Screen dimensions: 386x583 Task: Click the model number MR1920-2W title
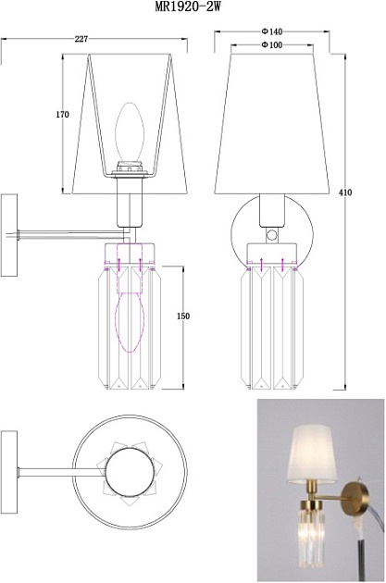187,6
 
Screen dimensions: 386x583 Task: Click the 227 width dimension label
81,39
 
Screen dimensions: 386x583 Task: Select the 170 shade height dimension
62,115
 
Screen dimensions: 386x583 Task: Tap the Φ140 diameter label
272,31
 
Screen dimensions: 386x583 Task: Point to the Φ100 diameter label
272,45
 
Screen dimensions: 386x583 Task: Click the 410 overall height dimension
345,192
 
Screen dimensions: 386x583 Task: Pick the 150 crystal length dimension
183,316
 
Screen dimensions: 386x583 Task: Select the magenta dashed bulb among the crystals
130,322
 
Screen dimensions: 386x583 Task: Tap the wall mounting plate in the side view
9,235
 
